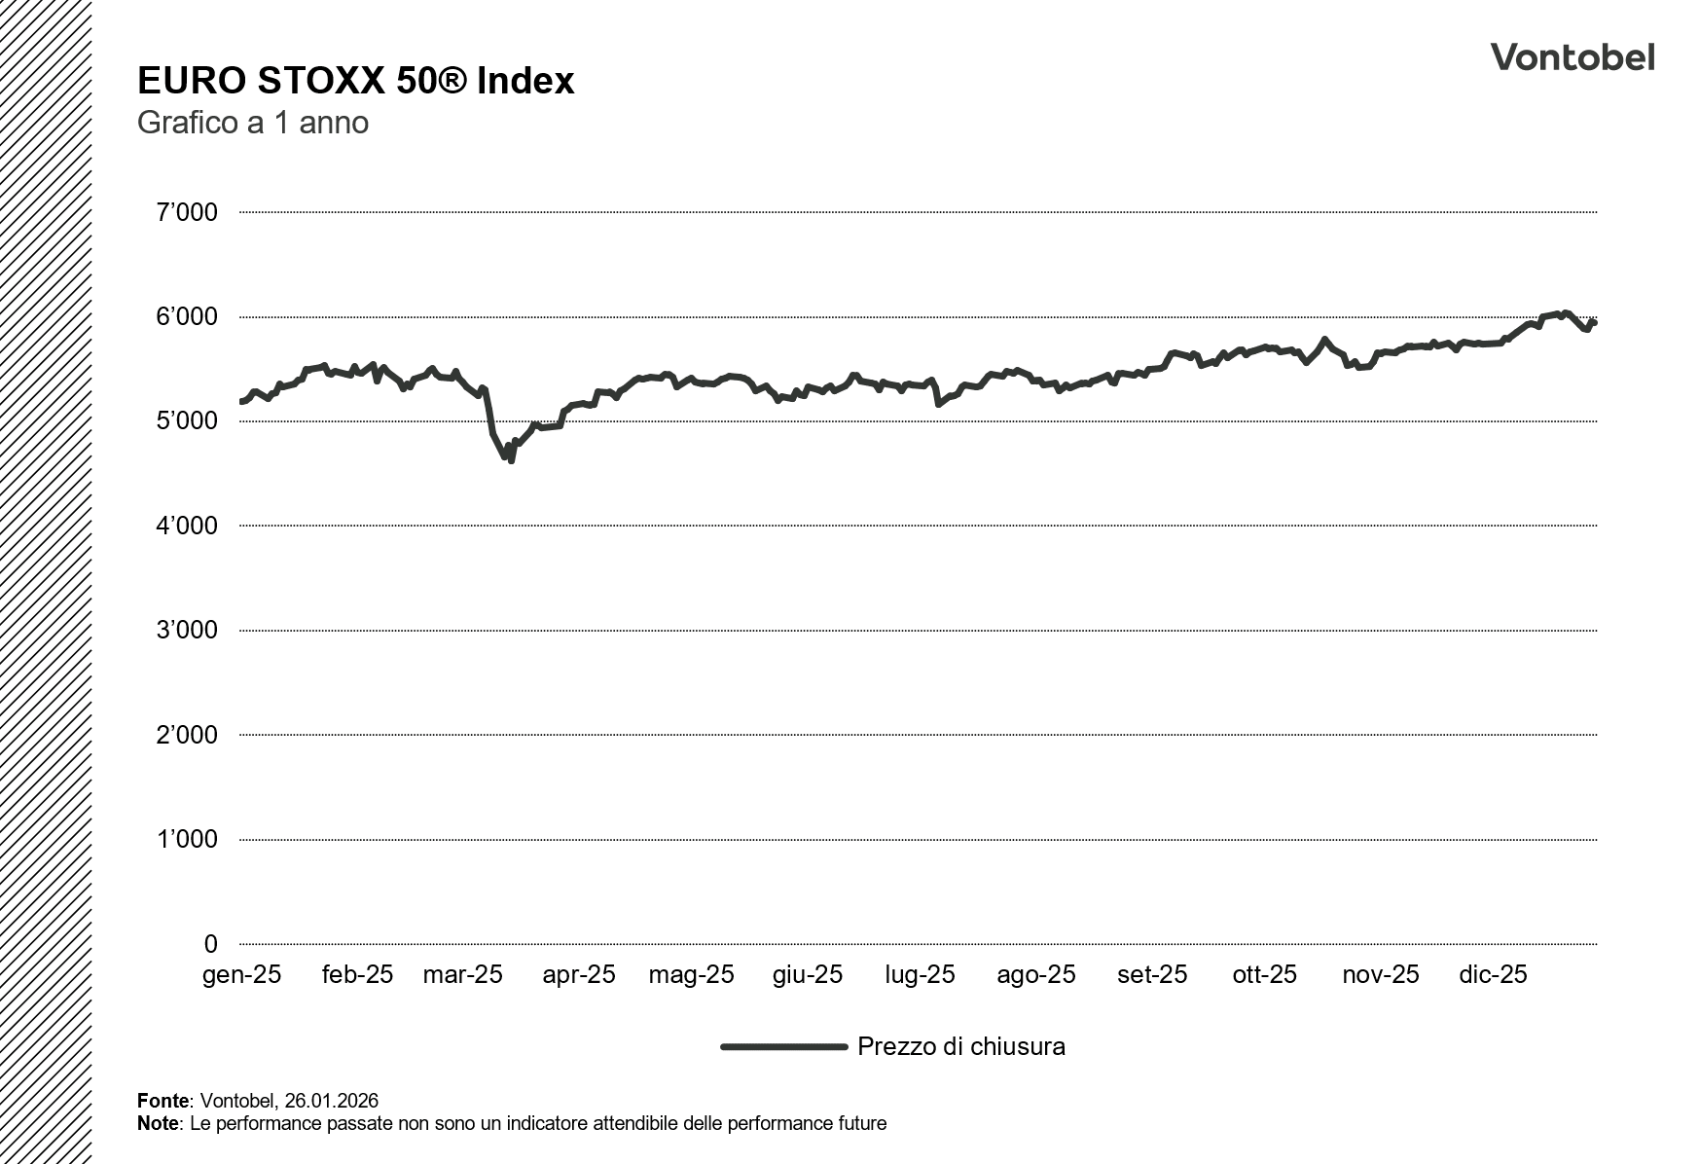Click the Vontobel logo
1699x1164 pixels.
(1572, 57)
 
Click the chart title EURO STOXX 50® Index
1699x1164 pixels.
(355, 81)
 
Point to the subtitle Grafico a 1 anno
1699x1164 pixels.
(252, 124)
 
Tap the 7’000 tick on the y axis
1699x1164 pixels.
(187, 212)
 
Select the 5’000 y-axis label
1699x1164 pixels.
(187, 421)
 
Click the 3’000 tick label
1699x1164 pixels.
(187, 631)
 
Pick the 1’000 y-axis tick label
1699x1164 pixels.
(187, 839)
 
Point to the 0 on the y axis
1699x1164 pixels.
(210, 944)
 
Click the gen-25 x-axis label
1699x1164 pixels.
(241, 974)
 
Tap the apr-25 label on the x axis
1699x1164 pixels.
(579, 974)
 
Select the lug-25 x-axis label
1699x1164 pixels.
(920, 974)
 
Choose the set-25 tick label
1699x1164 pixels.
(1152, 974)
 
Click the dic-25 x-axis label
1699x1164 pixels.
(1493, 974)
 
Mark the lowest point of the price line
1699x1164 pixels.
(511, 460)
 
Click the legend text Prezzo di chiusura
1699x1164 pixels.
(960, 1047)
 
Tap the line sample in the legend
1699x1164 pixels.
(783, 1047)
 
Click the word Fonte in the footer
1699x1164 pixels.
(163, 1101)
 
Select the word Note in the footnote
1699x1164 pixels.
(159, 1124)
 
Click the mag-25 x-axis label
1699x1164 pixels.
(691, 974)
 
